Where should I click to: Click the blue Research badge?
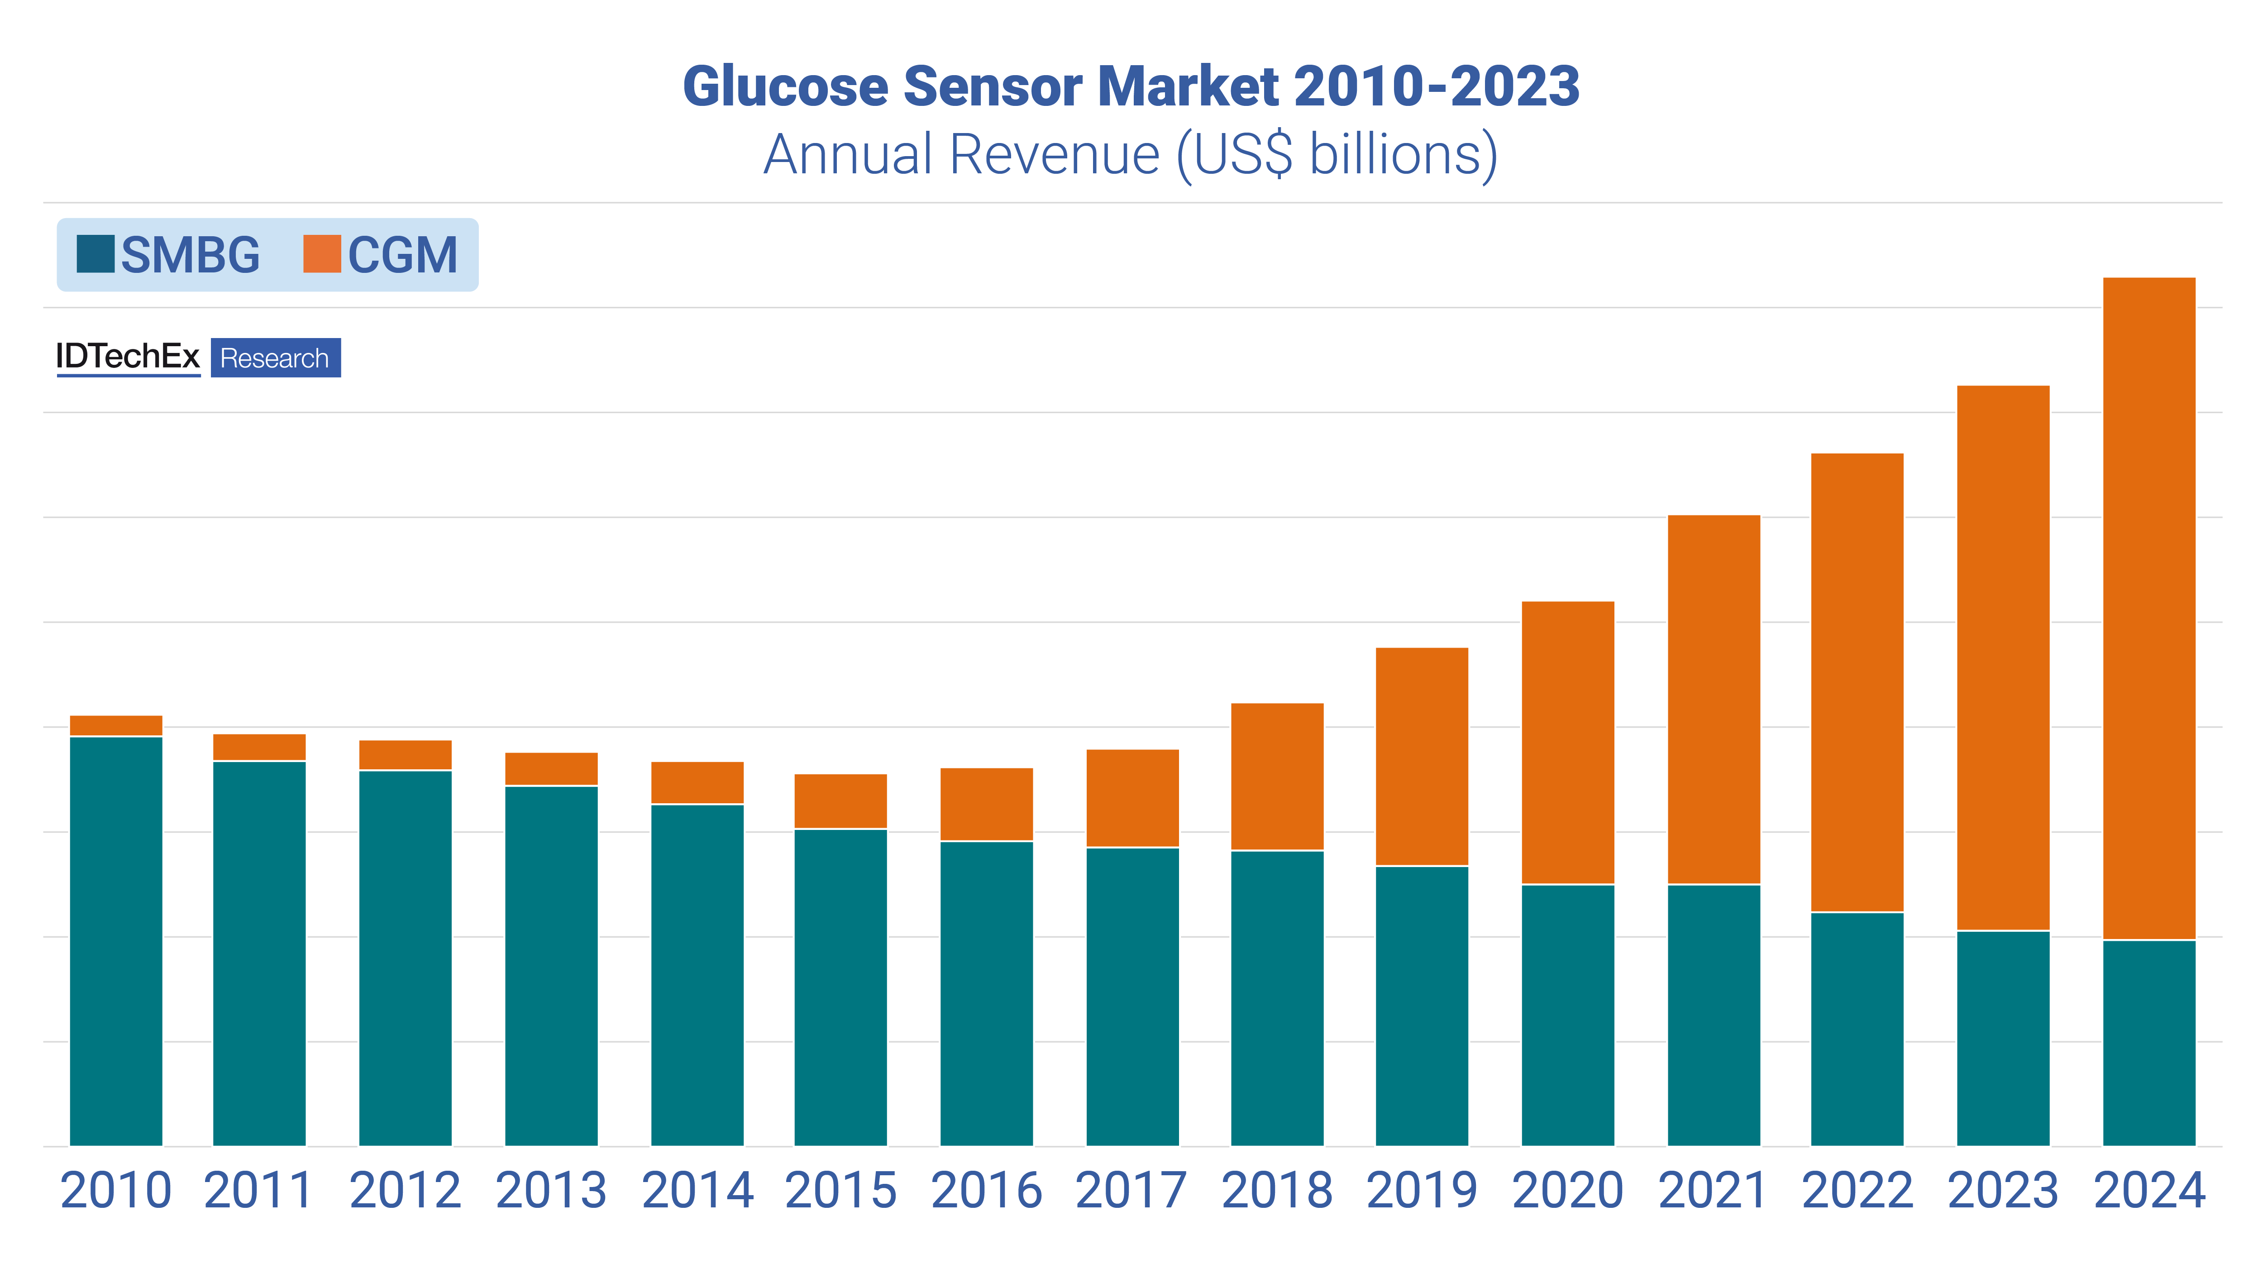click(x=275, y=358)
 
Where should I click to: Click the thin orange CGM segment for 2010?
click(x=116, y=725)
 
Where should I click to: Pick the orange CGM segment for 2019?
click(x=1422, y=756)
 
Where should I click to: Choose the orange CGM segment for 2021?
click(x=1713, y=699)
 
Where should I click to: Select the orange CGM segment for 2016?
click(x=987, y=804)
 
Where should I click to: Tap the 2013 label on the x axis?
click(x=551, y=1191)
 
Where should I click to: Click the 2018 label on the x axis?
click(x=1276, y=1191)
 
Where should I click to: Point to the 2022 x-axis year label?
click(x=1857, y=1191)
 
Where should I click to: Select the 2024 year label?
click(x=2149, y=1191)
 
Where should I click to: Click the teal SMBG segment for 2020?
click(x=1567, y=1015)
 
